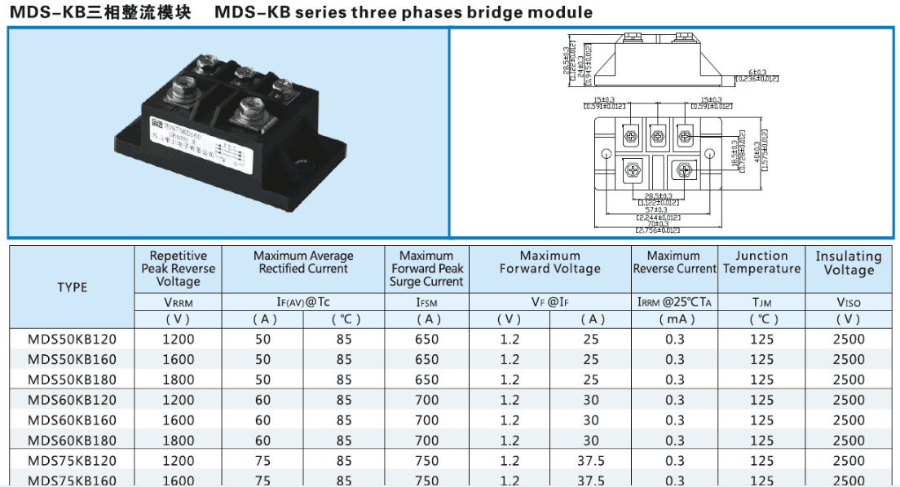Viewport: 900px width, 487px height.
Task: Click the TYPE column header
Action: pos(72,287)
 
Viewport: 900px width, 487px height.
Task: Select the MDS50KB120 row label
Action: pos(72,339)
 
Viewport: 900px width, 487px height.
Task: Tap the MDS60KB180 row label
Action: pos(72,441)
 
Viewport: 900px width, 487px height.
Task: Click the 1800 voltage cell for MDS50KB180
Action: pos(179,380)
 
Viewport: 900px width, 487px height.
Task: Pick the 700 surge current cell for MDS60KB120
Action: pos(426,400)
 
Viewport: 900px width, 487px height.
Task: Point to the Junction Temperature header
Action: pos(761,262)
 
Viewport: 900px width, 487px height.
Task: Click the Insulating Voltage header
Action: pos(849,263)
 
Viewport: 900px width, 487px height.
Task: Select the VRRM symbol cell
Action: pos(179,302)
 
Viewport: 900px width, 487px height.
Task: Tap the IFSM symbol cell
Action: pos(426,302)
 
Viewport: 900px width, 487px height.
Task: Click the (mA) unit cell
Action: pos(674,319)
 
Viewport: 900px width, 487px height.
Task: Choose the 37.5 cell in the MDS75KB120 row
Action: pos(591,461)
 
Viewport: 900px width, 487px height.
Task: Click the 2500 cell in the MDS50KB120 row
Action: pos(849,339)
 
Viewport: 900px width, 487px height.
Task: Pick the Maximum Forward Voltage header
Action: pos(549,262)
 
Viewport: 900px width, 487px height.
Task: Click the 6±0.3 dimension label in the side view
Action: pos(757,72)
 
